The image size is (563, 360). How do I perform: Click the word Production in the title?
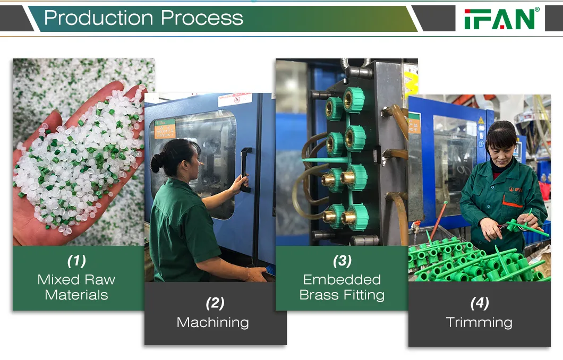click(x=100, y=18)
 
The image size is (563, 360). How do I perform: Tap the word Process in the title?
click(x=202, y=18)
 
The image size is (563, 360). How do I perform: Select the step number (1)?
click(x=76, y=261)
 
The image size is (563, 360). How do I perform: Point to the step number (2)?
click(x=215, y=303)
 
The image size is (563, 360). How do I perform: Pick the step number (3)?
click(x=342, y=261)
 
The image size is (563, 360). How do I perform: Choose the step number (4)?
click(x=479, y=303)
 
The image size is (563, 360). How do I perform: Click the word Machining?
click(x=212, y=323)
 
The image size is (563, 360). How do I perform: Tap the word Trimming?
click(x=479, y=323)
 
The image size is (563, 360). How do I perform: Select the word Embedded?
click(x=342, y=280)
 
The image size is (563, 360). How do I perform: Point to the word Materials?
click(x=76, y=295)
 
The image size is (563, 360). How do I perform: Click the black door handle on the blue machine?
click(x=245, y=169)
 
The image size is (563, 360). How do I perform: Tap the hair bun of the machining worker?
click(x=157, y=163)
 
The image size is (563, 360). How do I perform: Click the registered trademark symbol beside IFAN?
click(x=537, y=10)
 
